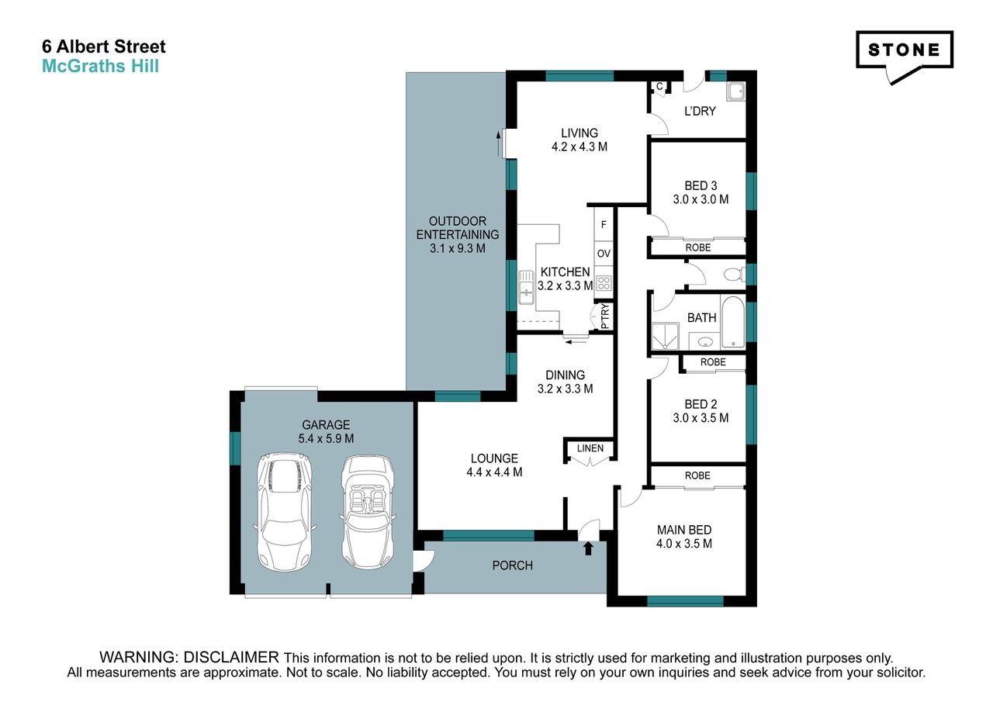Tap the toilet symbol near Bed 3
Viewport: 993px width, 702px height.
click(x=735, y=275)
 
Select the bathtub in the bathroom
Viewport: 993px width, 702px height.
click(x=732, y=322)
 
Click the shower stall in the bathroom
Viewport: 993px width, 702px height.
click(x=665, y=337)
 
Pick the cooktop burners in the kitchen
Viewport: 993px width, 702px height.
click(x=604, y=283)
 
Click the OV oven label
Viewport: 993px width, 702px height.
click(x=604, y=254)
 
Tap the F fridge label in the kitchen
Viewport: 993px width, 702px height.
click(x=604, y=225)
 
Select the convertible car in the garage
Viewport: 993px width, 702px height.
click(x=368, y=512)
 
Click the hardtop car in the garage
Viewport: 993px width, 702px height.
click(x=285, y=512)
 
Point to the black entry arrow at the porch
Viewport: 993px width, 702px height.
click(x=588, y=548)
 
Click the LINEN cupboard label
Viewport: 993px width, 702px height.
click(x=590, y=448)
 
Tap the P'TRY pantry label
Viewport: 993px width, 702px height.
click(x=605, y=316)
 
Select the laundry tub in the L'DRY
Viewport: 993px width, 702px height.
click(x=736, y=92)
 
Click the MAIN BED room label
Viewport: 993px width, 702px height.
click(x=684, y=530)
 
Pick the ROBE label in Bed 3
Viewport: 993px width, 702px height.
click(x=698, y=247)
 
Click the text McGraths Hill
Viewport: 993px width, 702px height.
click(x=101, y=67)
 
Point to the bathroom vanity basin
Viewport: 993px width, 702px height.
click(x=704, y=342)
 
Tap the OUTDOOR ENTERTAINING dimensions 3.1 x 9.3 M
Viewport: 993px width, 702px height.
click(x=458, y=249)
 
